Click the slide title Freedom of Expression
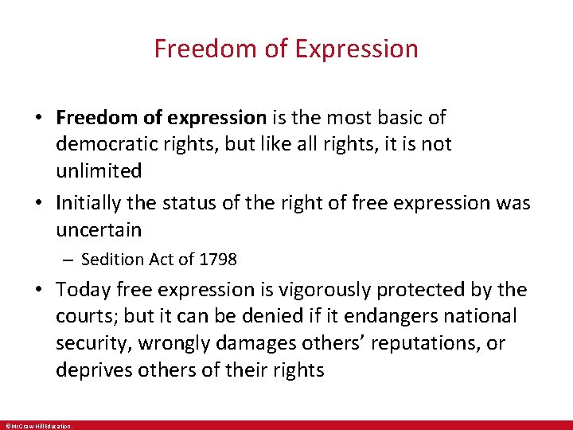[286, 49]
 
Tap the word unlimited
[99, 170]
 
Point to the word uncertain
[98, 230]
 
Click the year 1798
[219, 260]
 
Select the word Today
[82, 289]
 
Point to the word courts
[87, 316]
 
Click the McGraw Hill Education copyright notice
[38, 426]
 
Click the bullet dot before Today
[38, 290]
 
